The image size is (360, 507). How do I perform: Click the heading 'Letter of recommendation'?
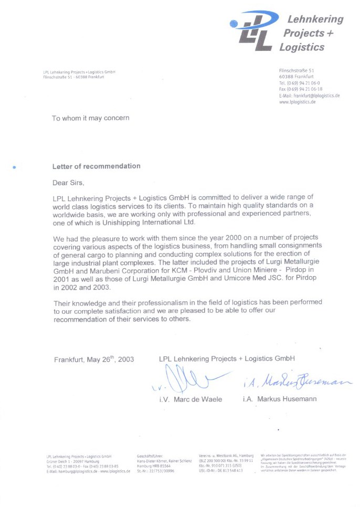point(96,166)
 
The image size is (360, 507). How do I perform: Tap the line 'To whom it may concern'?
point(90,118)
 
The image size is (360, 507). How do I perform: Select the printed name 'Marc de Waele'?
point(196,399)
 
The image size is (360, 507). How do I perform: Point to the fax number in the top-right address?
point(301,89)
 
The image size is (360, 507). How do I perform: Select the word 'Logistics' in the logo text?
point(302,47)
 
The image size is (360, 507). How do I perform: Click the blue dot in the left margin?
point(14,167)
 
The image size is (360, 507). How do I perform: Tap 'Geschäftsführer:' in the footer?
point(150,456)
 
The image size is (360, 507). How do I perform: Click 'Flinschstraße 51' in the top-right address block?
point(297,70)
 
